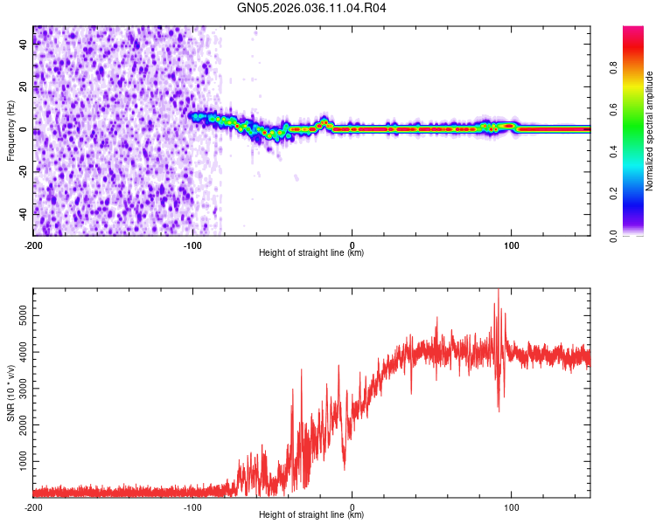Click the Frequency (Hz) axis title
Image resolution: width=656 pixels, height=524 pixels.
click(x=10, y=131)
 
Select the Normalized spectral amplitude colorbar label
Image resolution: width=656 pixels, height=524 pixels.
click(x=650, y=131)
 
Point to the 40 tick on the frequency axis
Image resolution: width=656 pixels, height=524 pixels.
click(x=24, y=45)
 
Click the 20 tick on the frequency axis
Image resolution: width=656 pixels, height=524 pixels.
click(x=24, y=87)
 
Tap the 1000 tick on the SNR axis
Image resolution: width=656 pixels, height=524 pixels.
click(x=19, y=458)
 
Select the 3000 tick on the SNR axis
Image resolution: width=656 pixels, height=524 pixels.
click(x=19, y=390)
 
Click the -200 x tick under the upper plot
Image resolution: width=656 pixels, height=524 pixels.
click(x=33, y=245)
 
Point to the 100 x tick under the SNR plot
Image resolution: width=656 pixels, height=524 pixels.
click(x=511, y=507)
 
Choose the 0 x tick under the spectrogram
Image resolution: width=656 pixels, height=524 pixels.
click(x=352, y=245)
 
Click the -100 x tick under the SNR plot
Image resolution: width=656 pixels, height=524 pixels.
click(x=192, y=507)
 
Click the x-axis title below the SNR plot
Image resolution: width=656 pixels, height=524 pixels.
click(x=311, y=515)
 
